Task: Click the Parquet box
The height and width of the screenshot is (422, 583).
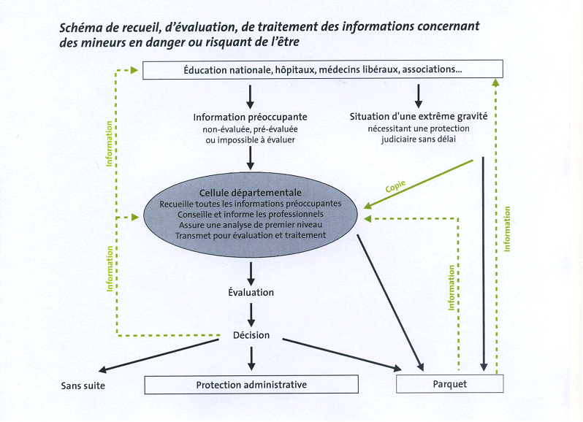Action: pos(449,383)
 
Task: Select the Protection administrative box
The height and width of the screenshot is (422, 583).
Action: pos(251,385)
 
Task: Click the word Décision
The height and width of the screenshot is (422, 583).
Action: pos(251,335)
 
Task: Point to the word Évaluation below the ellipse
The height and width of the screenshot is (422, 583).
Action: pos(251,292)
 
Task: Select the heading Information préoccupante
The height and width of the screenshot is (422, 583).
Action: pos(250,117)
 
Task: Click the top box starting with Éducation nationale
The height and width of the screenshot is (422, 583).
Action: pos(321,70)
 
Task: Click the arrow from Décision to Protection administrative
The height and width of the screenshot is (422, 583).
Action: pos(251,358)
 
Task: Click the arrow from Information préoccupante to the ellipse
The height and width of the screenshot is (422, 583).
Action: pos(251,158)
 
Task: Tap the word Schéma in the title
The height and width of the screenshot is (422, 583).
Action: pos(82,27)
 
